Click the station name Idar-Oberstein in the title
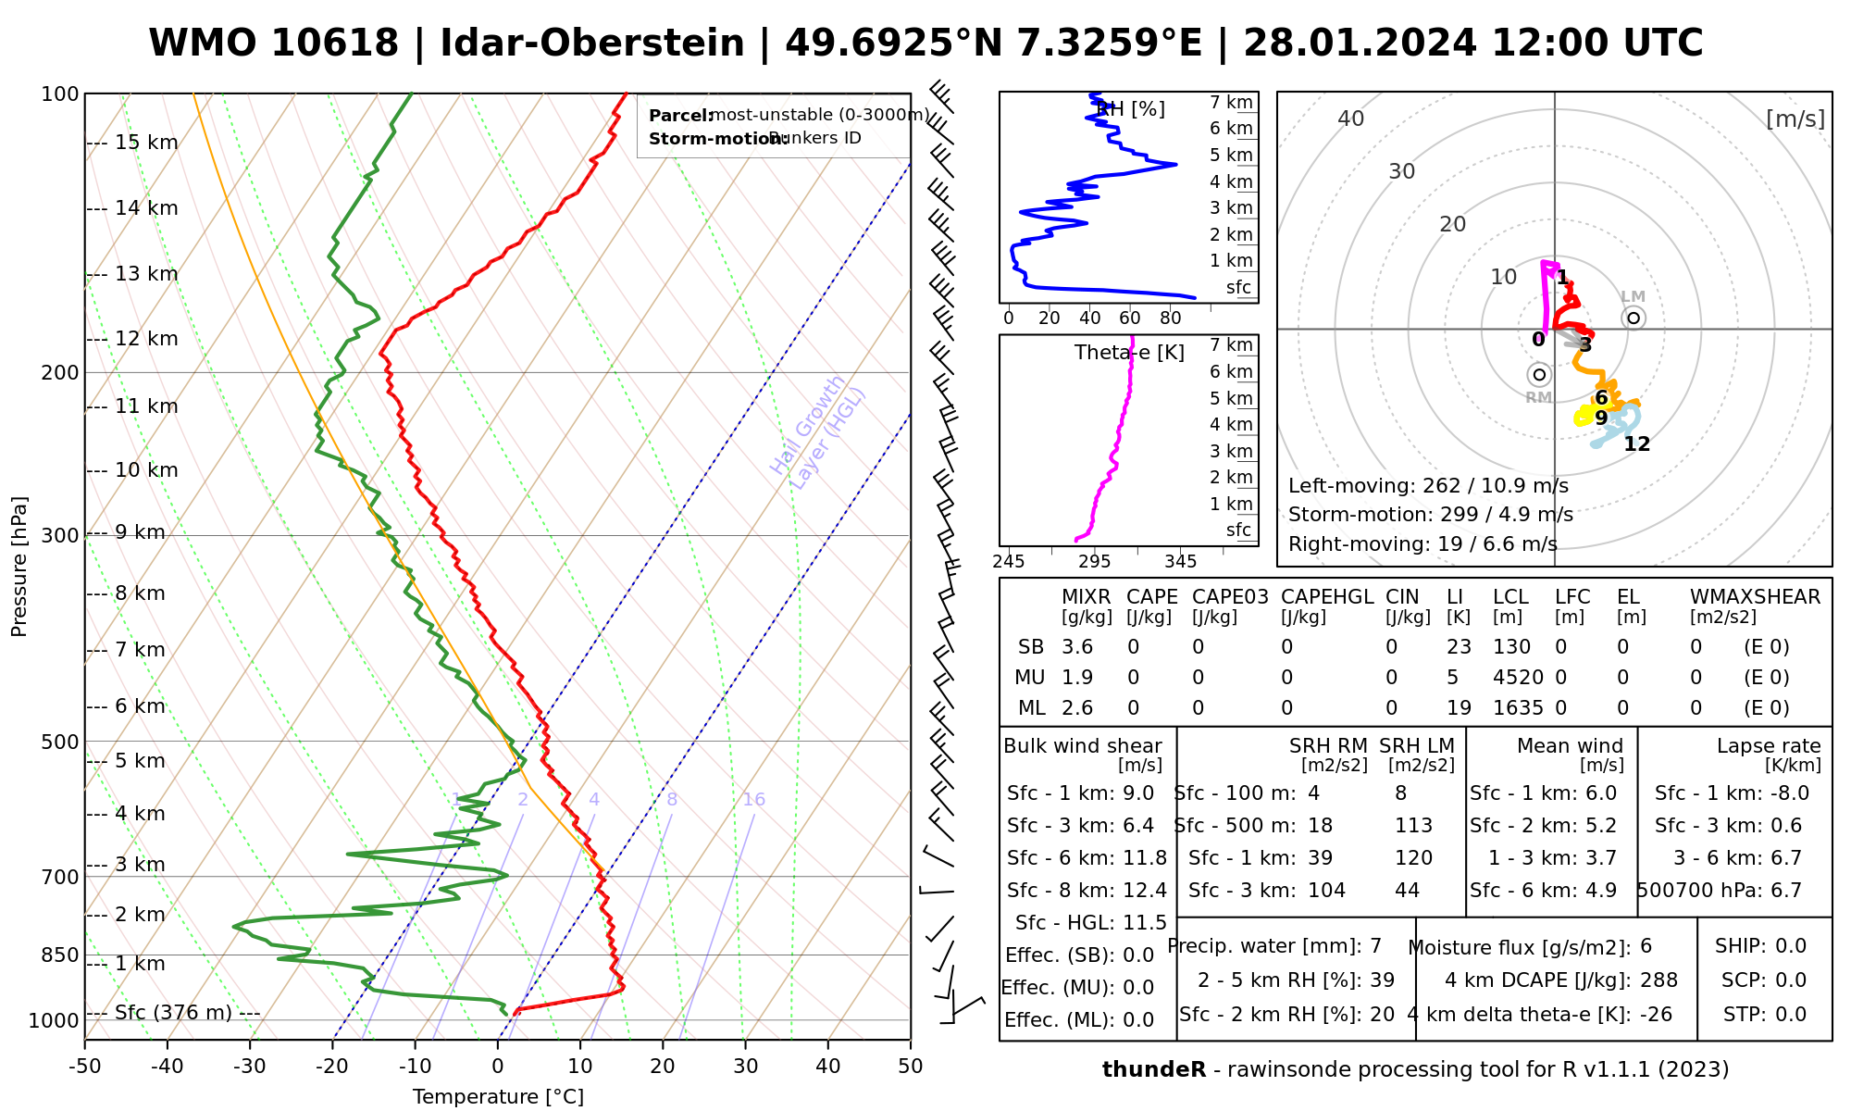(591, 44)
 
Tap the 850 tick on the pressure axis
(60, 955)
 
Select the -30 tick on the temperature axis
(250, 1067)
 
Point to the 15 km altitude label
(146, 143)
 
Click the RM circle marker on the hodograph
(1539, 375)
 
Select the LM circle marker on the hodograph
(1634, 318)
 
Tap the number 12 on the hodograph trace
(1636, 444)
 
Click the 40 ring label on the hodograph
(1351, 119)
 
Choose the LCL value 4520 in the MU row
(1518, 678)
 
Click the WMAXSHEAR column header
(1755, 597)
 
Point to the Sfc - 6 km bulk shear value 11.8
(1145, 858)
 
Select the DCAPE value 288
(1658, 980)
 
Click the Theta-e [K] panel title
(1129, 353)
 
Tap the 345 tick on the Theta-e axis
(1180, 562)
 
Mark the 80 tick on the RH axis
(1170, 318)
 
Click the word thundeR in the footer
(1153, 1070)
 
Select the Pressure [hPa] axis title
(19, 567)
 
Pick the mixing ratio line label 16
(753, 800)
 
